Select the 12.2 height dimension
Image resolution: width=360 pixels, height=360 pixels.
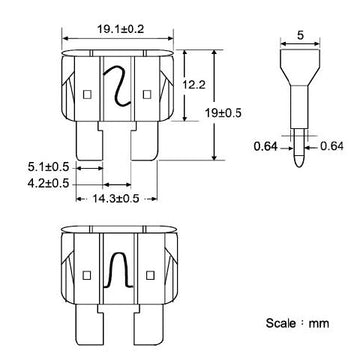195,89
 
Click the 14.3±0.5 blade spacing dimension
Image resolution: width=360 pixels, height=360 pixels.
115,200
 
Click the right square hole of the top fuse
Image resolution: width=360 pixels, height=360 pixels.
149,96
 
